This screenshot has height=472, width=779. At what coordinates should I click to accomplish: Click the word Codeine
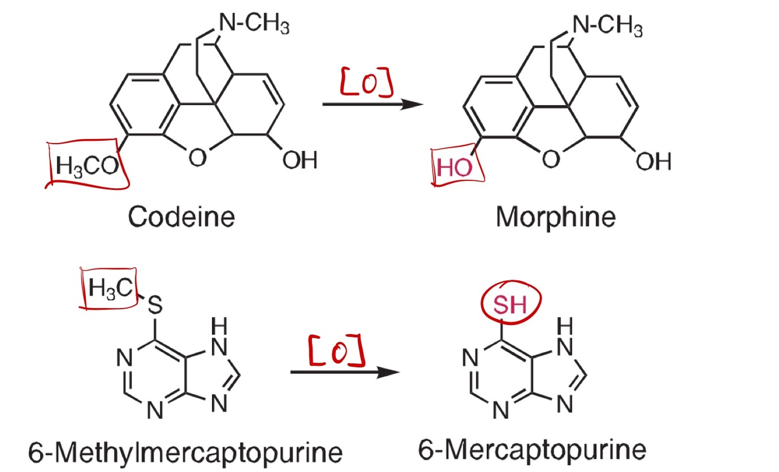(x=181, y=217)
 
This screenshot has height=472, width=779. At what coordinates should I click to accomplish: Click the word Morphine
(x=555, y=218)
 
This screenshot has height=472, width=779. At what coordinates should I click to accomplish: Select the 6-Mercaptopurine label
(x=533, y=450)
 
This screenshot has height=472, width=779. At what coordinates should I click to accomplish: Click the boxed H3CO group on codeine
(x=84, y=165)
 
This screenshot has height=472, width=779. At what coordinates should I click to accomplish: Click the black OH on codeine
(x=300, y=159)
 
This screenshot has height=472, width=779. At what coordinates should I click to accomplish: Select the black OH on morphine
(x=653, y=161)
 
